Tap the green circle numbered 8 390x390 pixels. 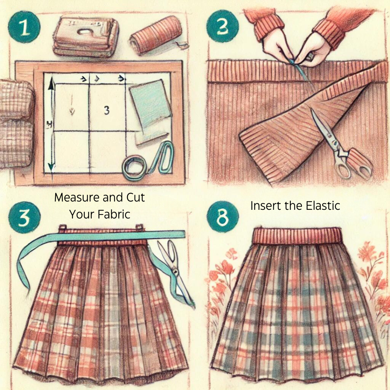(x=223, y=218)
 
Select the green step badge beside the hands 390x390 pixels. (x=223, y=26)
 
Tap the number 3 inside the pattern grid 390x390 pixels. (x=107, y=110)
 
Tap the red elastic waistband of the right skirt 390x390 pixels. (x=297, y=235)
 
